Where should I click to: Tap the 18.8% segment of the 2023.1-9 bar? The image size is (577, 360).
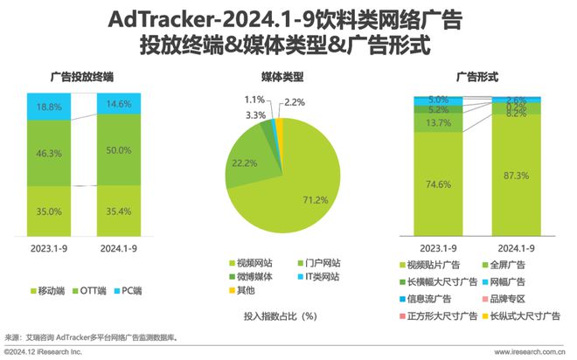49,107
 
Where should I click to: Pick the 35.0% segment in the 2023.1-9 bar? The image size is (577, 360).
49,211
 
